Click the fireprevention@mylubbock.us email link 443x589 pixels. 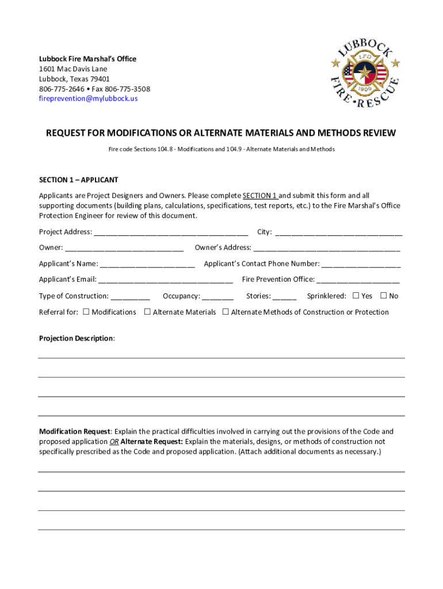(x=88, y=98)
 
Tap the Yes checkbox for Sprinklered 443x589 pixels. (x=356, y=296)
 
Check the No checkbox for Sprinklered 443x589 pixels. (x=383, y=296)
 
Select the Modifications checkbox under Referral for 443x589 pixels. (x=86, y=312)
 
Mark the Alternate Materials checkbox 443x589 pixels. (x=147, y=312)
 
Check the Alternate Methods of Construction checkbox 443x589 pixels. (x=226, y=312)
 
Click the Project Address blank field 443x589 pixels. (x=171, y=232)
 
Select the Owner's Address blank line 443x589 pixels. (x=326, y=248)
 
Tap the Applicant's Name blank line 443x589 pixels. (x=147, y=264)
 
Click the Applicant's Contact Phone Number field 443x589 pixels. (x=361, y=264)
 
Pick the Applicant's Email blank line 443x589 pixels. (x=165, y=280)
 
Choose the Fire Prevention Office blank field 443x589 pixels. (x=358, y=280)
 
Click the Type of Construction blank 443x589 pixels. (x=130, y=296)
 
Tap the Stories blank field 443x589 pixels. (x=285, y=296)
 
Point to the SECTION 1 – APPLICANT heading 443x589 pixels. (x=78, y=180)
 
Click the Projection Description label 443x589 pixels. (x=76, y=338)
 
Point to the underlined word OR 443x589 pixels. (x=114, y=442)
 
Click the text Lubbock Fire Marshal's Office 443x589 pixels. (x=87, y=59)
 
